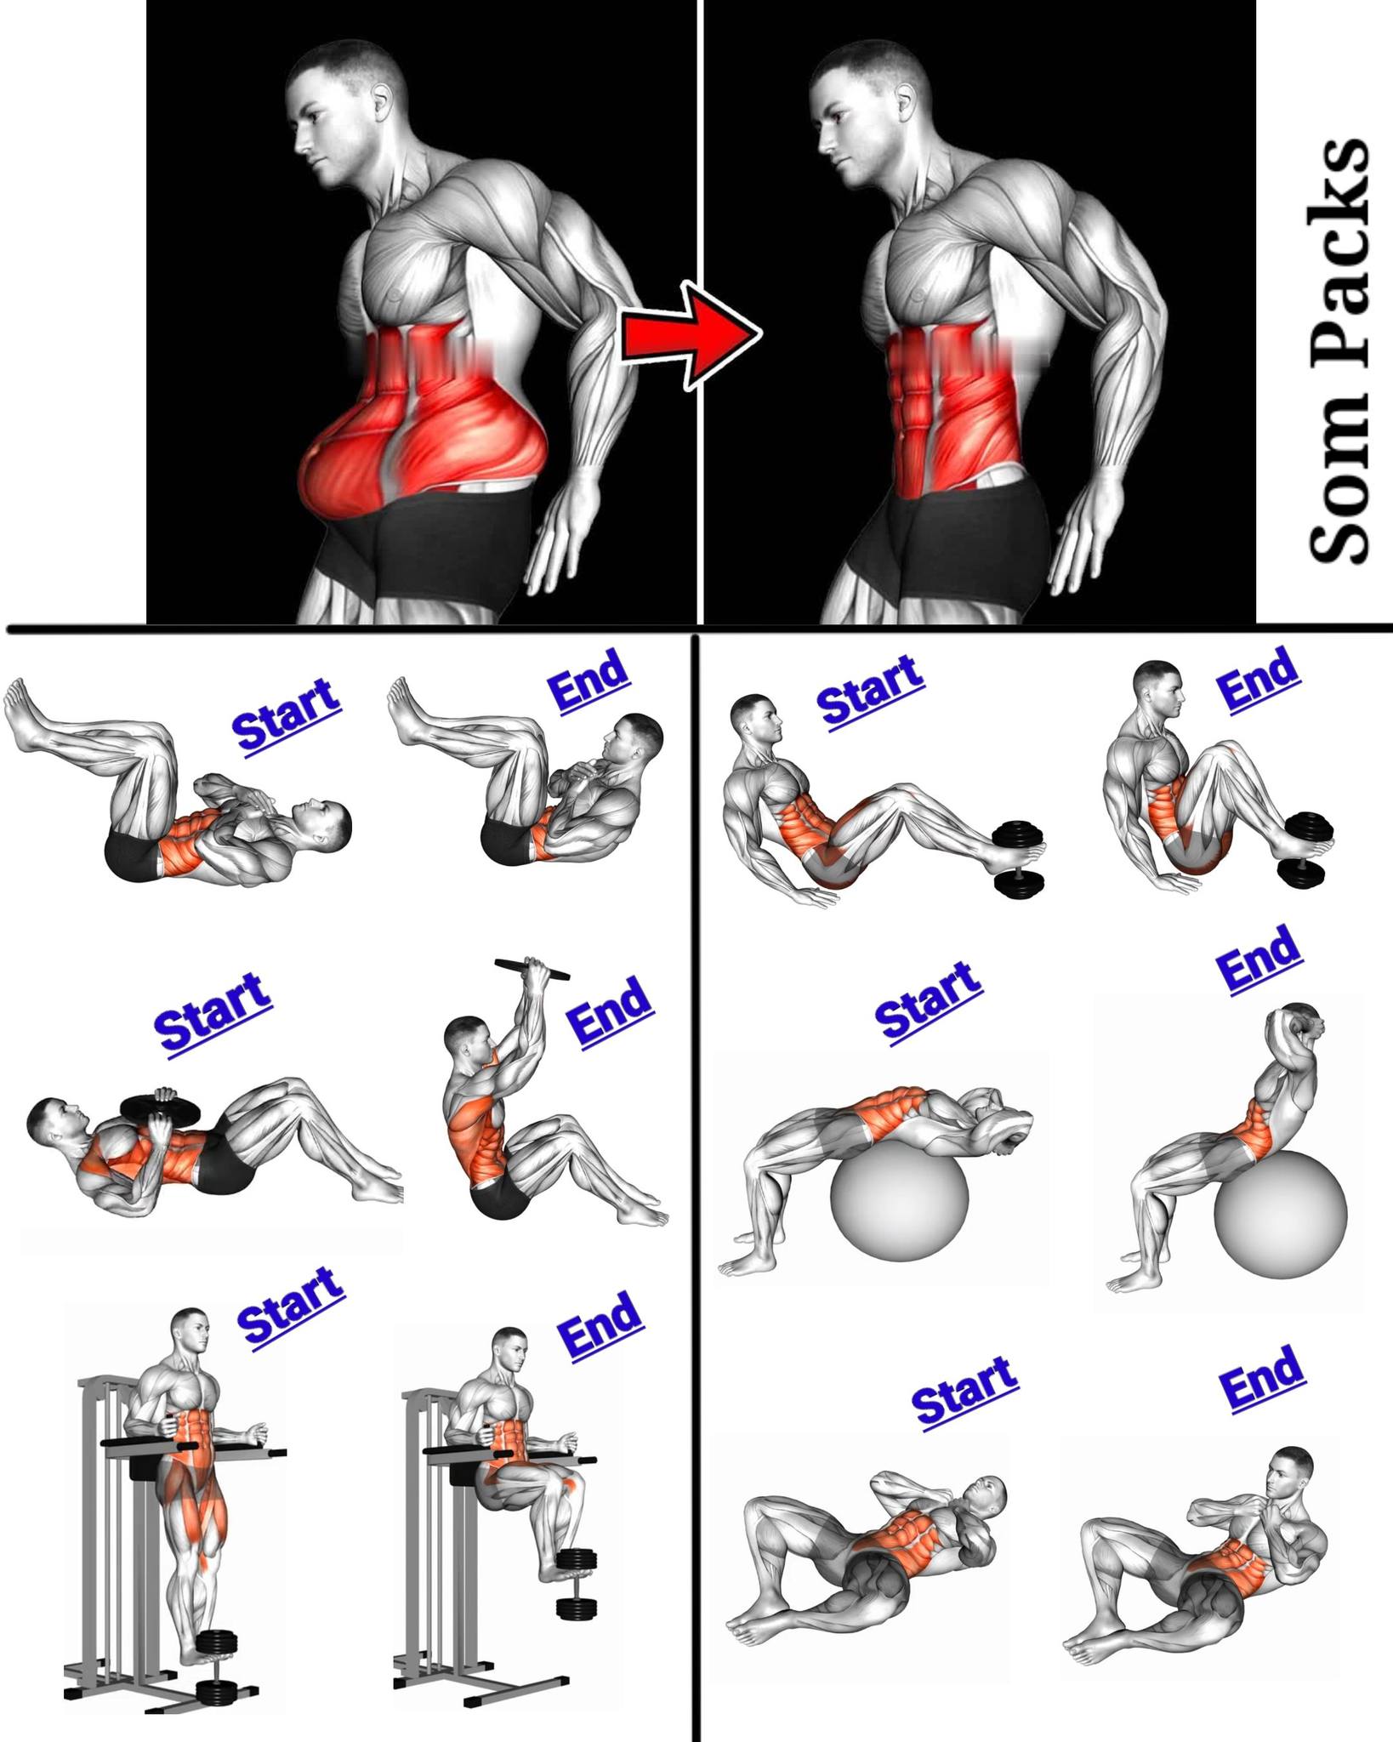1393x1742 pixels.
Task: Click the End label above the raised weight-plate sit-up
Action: (610, 1010)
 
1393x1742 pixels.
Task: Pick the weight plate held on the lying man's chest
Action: (162, 1107)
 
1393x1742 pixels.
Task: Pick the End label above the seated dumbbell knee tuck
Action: (1259, 678)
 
